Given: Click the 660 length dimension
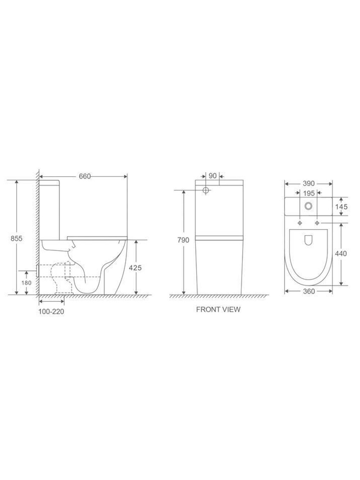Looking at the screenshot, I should coord(85,176).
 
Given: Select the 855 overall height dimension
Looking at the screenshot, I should coord(17,238).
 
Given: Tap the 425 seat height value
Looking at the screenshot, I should coord(135,268).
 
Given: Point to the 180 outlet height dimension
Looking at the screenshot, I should coord(26,283).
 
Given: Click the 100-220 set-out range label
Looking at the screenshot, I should coord(51,312).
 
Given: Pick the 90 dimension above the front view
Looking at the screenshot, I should coord(212,176).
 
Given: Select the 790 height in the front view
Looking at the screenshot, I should coord(183,240).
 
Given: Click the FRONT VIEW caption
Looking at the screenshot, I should coord(218,309).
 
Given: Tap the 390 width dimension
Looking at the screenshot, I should coord(309,183).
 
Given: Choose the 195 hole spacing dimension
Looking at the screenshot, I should coord(309,194).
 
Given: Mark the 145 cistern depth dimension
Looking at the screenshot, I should coord(341,206).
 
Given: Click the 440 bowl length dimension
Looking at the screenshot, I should coord(341,254).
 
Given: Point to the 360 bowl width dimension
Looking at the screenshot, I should coord(309,291).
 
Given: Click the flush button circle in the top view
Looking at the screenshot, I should coord(309,206).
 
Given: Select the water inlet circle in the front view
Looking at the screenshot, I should coord(206,190).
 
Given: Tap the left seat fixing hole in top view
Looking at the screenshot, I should coord(300,223).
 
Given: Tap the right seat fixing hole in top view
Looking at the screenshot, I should coord(317,223).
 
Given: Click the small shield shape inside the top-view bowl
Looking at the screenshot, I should coord(309,240).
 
